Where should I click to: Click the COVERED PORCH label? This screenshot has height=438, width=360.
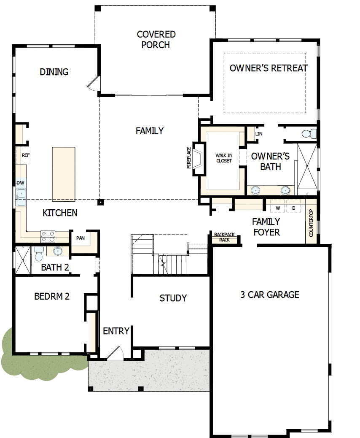click(x=156, y=39)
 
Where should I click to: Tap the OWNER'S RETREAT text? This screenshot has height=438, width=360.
click(x=269, y=68)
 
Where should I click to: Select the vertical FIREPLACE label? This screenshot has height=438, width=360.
click(x=188, y=158)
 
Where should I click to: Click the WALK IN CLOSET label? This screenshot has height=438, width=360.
click(x=224, y=158)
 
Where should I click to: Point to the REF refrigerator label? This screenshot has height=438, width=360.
click(x=26, y=155)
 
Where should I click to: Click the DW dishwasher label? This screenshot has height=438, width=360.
click(x=21, y=183)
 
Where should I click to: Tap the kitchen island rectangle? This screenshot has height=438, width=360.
click(x=64, y=174)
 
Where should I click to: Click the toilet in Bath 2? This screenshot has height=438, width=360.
click(x=38, y=254)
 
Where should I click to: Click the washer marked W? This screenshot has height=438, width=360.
click(x=278, y=208)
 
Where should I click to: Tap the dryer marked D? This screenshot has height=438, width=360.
click(x=294, y=208)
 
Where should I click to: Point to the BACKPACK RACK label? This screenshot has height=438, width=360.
click(x=224, y=237)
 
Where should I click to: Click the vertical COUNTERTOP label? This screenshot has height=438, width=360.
click(x=311, y=223)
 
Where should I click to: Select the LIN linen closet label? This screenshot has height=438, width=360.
click(x=259, y=134)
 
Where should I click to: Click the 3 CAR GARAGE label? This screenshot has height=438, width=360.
click(x=270, y=295)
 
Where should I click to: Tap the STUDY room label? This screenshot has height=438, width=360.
click(x=173, y=298)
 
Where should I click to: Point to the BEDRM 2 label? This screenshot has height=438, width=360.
click(x=51, y=296)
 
